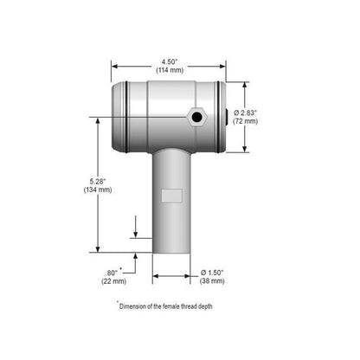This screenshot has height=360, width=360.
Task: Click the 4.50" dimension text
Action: (x=169, y=61)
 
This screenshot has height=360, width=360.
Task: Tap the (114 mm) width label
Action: (x=169, y=70)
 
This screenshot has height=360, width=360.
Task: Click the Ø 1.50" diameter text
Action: (x=211, y=271)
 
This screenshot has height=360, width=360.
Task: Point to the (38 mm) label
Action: (x=211, y=281)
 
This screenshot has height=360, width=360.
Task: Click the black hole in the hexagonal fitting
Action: (x=198, y=117)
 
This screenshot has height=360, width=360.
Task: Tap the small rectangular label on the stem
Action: (x=171, y=196)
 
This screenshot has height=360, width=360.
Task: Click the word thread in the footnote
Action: (x=206, y=305)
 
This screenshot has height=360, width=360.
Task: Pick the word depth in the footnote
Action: (x=228, y=305)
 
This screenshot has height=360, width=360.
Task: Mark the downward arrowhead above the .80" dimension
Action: (x=135, y=235)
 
